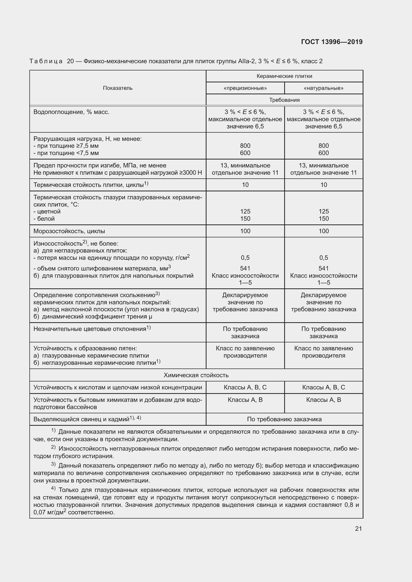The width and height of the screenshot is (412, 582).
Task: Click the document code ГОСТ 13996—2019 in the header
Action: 332,42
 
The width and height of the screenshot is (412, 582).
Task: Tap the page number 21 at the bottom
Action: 358,529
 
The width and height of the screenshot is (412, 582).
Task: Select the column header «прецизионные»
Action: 245,88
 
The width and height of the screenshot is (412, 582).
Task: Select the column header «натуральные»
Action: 324,88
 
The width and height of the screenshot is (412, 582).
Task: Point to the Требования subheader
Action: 284,100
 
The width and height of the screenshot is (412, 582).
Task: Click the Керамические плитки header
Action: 284,76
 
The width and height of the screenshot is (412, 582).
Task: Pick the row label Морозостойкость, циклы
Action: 69,231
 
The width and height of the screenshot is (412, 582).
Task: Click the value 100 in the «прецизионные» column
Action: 245,231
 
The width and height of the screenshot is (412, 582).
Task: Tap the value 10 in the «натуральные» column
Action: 324,185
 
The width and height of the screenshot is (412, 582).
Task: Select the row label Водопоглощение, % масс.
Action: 71,112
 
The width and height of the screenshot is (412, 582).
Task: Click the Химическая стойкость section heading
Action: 196,375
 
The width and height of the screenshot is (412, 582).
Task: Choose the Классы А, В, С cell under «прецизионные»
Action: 245,387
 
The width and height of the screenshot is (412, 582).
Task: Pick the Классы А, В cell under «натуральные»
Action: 324,400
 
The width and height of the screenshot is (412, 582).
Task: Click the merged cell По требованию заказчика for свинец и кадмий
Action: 284,419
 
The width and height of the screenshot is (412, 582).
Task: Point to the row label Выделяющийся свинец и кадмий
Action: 81,419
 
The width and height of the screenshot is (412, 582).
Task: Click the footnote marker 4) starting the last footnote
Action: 53,488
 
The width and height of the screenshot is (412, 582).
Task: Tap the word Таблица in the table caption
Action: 46,61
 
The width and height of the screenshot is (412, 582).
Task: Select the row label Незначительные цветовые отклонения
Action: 90,329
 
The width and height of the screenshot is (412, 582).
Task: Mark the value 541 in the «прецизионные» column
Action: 245,268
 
